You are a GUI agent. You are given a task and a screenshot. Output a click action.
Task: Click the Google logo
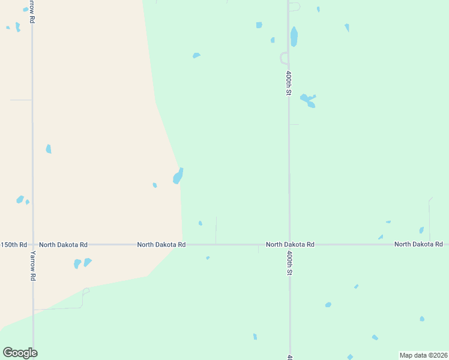[20, 353]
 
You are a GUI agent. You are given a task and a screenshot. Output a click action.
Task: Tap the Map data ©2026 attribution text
[423, 355]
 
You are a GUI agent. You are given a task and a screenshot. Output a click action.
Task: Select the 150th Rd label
[13, 245]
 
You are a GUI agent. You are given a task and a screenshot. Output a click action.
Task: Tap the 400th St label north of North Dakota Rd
[289, 83]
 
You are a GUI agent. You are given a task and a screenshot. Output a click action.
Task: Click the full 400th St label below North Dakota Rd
[289, 263]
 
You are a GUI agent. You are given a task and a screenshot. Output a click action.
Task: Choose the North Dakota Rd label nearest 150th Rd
[63, 245]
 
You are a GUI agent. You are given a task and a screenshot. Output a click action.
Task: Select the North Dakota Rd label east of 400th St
[418, 244]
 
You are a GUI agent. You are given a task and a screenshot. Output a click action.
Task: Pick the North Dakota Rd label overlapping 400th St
[290, 245]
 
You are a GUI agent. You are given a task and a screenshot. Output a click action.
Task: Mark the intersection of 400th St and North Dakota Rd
[289, 245]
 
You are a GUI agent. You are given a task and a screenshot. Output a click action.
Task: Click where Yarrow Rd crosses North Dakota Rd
[33, 245]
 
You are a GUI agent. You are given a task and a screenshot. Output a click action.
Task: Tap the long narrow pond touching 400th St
[294, 37]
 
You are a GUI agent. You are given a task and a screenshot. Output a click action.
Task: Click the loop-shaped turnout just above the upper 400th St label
[284, 58]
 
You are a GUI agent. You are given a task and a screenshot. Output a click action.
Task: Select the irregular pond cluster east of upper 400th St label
[309, 100]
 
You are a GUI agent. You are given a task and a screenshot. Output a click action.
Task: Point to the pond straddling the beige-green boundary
[178, 176]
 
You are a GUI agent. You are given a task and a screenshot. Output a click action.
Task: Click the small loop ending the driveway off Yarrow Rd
[86, 291]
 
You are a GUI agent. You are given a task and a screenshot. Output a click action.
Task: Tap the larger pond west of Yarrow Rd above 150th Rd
[20, 199]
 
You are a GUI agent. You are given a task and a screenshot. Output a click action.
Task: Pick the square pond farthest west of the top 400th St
[259, 25]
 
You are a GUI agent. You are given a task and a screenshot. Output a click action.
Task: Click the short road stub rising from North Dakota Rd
[216, 230]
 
